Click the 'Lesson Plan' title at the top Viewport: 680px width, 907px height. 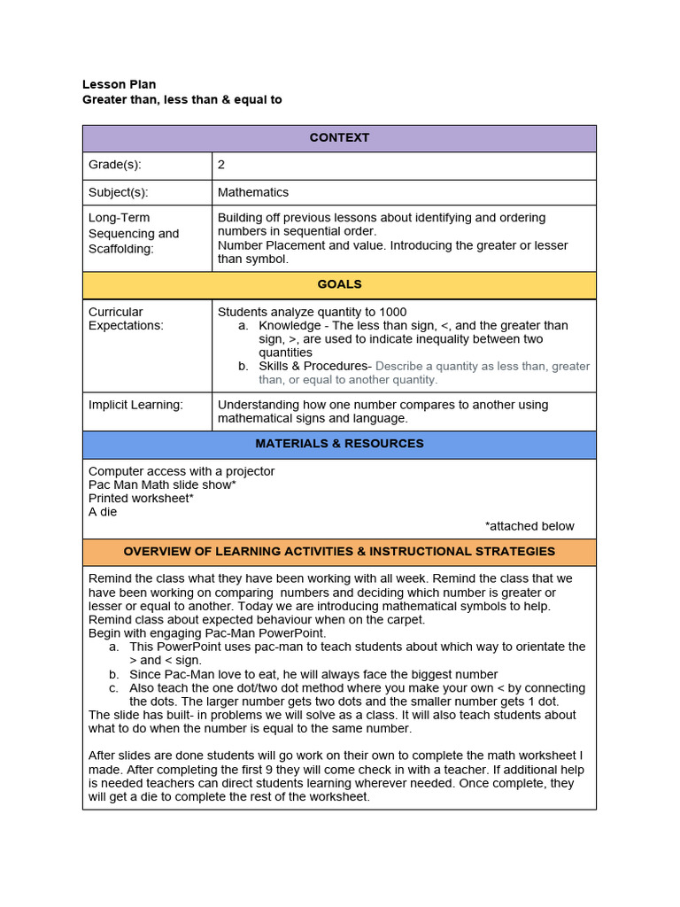pos(119,85)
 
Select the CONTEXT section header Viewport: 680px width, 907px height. pos(339,138)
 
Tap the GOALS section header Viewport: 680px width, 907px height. pos(339,285)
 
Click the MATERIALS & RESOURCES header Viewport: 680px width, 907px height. pos(339,444)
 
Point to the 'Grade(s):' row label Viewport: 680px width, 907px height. pos(115,165)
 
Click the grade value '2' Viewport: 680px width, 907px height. pos(221,165)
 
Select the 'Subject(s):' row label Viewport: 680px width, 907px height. pos(119,192)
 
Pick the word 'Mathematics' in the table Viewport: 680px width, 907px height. pos(253,192)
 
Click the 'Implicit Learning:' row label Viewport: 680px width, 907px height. pos(135,405)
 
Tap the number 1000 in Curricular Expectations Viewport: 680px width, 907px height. pos(392,312)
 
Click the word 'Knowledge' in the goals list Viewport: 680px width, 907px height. pos(290,326)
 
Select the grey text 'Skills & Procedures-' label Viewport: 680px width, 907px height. pos(314,366)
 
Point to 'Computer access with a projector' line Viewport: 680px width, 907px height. pos(182,471)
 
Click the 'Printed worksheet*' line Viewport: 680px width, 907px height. pos(141,499)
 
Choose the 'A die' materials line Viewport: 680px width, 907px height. pos(103,512)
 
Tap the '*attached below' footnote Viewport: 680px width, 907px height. pos(529,526)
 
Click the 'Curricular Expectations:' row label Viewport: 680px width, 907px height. pos(126,319)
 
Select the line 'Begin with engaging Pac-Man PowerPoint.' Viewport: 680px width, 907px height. pos(207,633)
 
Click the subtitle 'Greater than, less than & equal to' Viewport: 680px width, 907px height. pos(182,100)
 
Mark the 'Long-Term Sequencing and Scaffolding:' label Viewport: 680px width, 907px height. pos(134,234)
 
